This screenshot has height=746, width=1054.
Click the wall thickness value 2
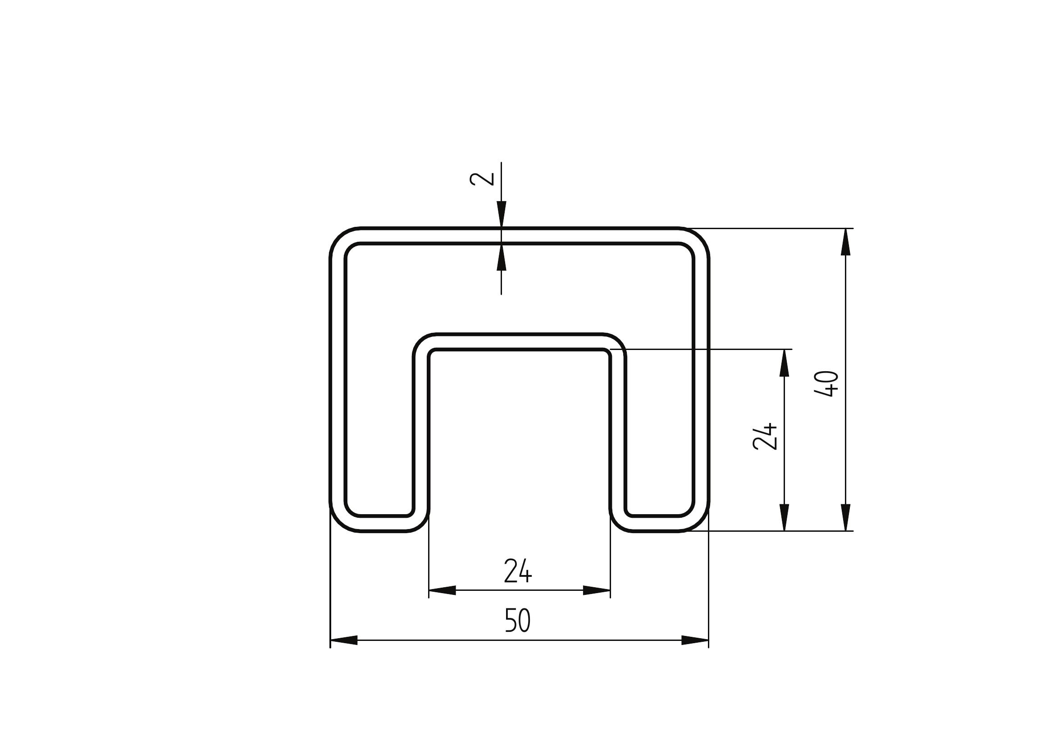point(482,179)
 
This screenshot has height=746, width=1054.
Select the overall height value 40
point(826,383)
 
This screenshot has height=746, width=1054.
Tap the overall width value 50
point(518,620)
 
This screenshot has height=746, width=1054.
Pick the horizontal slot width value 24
point(518,571)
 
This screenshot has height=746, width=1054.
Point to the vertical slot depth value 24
point(765,436)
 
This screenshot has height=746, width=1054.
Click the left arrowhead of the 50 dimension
point(344,640)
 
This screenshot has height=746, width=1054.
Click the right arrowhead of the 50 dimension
point(695,640)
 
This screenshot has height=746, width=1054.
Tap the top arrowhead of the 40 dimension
point(845,242)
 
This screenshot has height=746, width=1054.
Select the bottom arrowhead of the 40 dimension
point(845,518)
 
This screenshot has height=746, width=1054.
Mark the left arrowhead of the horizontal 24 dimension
point(442,590)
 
